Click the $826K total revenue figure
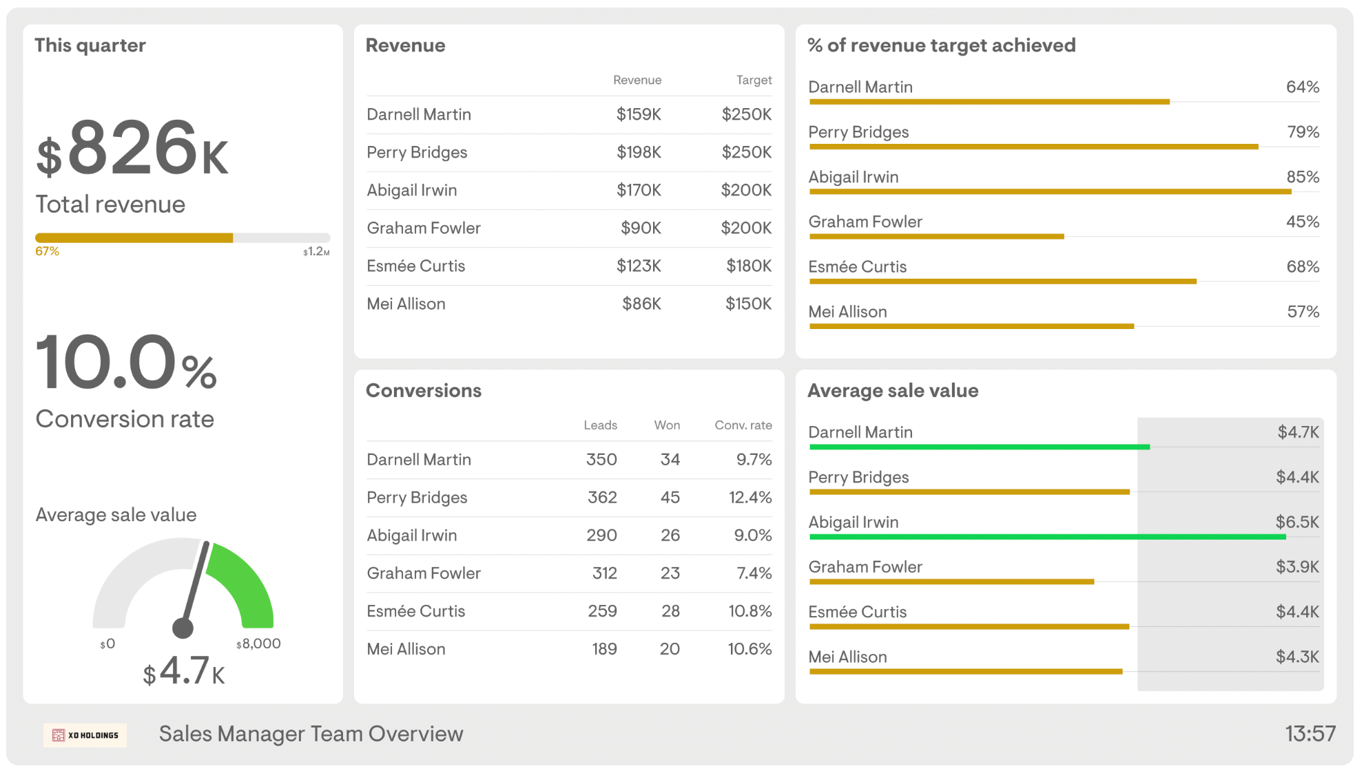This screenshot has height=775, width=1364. pos(132,149)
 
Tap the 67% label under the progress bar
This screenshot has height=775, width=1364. pos(47,251)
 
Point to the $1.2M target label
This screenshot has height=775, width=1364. pos(316,252)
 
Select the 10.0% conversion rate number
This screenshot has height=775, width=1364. pos(126,362)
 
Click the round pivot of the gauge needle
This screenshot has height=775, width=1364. pos(183,627)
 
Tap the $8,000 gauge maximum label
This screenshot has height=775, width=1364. pos(258,644)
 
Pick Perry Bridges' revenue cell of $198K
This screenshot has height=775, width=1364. pos(639,152)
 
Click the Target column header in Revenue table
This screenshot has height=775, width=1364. pos(754,80)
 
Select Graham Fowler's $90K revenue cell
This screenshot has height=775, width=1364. pos(641,228)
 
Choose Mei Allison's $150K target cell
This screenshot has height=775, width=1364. pos(748,304)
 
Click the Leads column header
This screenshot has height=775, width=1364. pos(600,425)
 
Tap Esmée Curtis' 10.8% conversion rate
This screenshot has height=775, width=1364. pos(750,611)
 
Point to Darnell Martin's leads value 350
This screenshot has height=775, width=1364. pos(601,460)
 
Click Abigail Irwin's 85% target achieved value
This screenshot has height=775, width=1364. pos(1302,177)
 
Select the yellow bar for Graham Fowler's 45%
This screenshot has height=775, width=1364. pos(937,237)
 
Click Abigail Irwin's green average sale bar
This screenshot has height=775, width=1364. pos(1047,537)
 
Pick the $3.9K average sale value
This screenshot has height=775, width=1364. pos(1296,567)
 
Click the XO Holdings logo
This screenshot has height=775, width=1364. pos(85,735)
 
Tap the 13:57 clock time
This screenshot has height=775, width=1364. pos(1310,734)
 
